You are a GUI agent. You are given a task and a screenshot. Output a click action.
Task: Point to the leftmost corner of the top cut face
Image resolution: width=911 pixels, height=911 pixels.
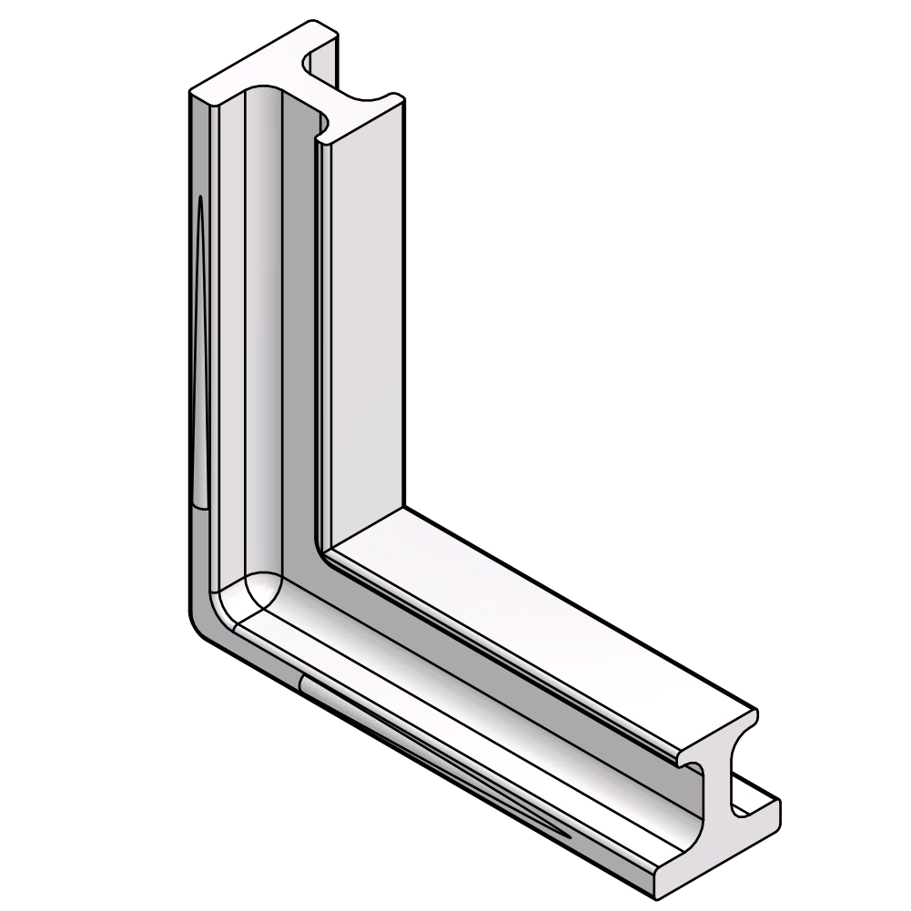[x=190, y=93]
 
